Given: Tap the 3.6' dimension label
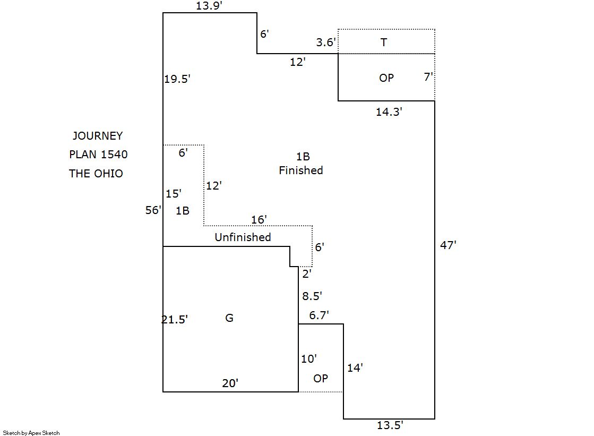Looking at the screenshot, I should pyautogui.click(x=326, y=42).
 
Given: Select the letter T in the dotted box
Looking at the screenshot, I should pyautogui.click(x=384, y=42).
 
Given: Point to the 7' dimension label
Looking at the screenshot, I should pyautogui.click(x=428, y=76).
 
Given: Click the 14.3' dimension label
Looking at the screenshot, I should pyautogui.click(x=389, y=112).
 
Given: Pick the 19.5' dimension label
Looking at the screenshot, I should pyautogui.click(x=177, y=79).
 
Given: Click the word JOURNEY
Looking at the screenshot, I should pyautogui.click(x=98, y=136).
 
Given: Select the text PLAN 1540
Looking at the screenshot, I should pyautogui.click(x=98, y=155).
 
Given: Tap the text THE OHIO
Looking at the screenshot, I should pyautogui.click(x=96, y=174).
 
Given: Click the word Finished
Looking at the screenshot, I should pyautogui.click(x=301, y=170).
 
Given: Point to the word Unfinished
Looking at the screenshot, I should pyautogui.click(x=243, y=237).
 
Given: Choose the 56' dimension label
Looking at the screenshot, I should pyautogui.click(x=153, y=210).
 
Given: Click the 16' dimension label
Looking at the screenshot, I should pyautogui.click(x=259, y=219).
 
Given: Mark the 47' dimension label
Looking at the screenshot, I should pyautogui.click(x=449, y=245).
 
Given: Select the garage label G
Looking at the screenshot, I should pyautogui.click(x=229, y=318).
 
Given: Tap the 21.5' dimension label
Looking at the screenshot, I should pyautogui.click(x=175, y=320).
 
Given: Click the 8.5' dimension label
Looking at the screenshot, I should pyautogui.click(x=312, y=296).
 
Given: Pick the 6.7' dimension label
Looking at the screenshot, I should pyautogui.click(x=318, y=315).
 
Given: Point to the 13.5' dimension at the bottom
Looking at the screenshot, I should pyautogui.click(x=390, y=425).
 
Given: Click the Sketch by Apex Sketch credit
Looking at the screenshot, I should pyautogui.click(x=31, y=433).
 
